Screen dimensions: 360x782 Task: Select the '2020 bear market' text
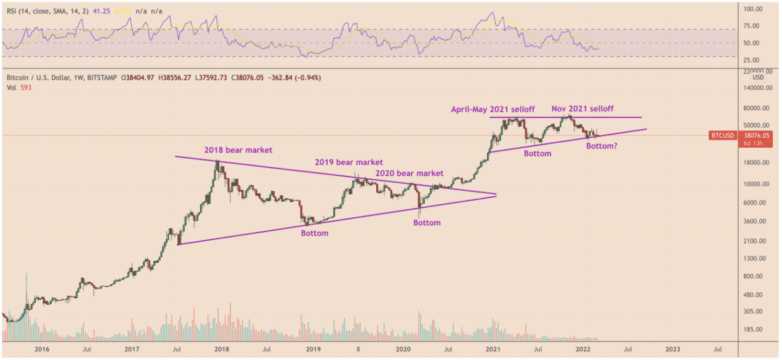pos(409,174)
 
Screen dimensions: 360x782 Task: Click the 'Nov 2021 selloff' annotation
pos(582,108)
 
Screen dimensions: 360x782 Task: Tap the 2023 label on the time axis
pos(672,349)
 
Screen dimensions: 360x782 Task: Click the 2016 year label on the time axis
pos(42,349)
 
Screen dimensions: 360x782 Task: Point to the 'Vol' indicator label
pos(10,88)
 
